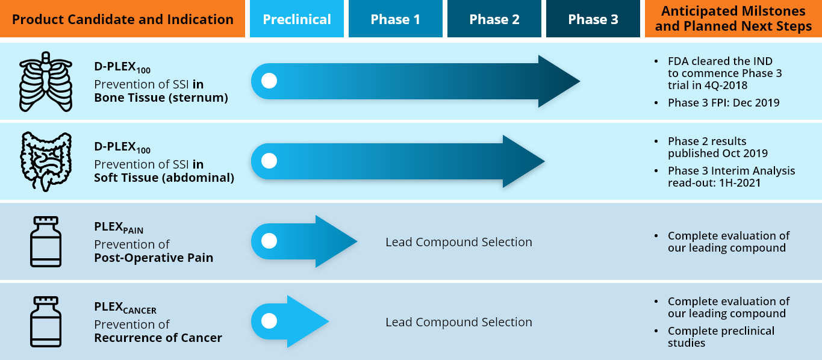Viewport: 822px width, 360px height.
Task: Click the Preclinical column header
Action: [x=297, y=19]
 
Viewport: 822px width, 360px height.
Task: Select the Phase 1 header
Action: [x=396, y=19]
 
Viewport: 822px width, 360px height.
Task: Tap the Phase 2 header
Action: [x=494, y=19]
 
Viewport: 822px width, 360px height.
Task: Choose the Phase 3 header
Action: [x=593, y=19]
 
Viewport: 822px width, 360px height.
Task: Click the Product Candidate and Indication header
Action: [x=123, y=19]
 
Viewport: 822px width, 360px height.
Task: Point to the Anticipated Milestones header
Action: [x=733, y=19]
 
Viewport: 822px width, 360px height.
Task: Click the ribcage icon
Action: [x=46, y=81]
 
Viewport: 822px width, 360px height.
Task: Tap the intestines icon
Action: [x=46, y=161]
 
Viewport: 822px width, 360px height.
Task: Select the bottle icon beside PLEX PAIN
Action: [x=46, y=241]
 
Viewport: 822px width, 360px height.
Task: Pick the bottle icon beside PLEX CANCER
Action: [x=46, y=321]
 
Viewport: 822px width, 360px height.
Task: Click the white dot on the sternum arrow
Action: [x=269, y=81]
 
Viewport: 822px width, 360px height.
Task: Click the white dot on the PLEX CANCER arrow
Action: [x=269, y=321]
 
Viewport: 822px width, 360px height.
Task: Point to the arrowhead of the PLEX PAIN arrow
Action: [x=336, y=241]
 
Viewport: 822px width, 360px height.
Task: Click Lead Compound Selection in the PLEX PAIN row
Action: [x=459, y=242]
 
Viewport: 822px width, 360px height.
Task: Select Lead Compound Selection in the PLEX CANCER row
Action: [x=459, y=322]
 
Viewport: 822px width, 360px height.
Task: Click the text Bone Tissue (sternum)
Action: [x=161, y=98]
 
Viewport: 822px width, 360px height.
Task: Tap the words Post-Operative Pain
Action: [x=154, y=258]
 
